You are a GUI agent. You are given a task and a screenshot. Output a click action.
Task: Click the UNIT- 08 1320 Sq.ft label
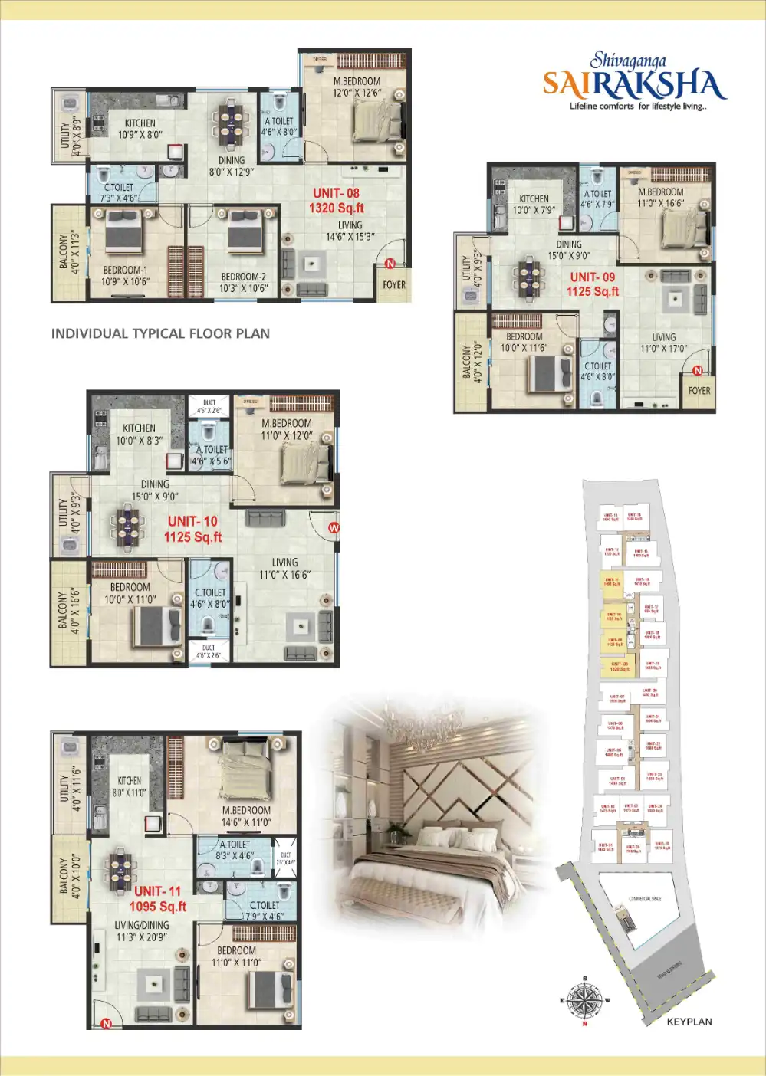[x=336, y=201]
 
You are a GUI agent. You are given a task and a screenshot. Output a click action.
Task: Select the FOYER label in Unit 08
[x=394, y=285]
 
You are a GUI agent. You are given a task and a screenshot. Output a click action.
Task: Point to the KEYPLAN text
[x=689, y=1022]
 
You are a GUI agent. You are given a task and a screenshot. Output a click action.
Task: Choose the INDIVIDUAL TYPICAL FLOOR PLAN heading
[x=160, y=333]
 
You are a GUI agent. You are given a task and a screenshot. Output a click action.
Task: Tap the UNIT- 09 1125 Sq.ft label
[x=593, y=284]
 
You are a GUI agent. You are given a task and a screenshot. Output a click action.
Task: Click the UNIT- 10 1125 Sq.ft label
[x=192, y=529]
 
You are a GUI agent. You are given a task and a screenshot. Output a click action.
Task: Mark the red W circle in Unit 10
[x=334, y=528]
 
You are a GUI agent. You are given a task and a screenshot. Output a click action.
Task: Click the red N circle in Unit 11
[x=107, y=1023]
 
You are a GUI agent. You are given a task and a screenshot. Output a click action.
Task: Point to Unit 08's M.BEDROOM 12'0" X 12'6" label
[x=357, y=87]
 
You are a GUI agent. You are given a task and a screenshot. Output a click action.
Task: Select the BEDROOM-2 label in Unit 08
[x=244, y=283]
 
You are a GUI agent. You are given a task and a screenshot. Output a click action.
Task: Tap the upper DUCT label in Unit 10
[x=209, y=406]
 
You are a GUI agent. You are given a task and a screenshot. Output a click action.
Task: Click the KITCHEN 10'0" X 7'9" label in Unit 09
[x=534, y=204]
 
